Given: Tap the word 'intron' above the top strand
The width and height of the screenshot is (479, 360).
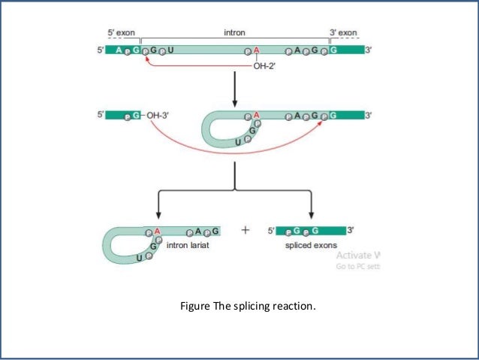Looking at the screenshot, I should tap(234, 33).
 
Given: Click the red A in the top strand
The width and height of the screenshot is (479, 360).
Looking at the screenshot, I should tap(256, 50).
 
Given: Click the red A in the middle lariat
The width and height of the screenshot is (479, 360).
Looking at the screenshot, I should tap(256, 115).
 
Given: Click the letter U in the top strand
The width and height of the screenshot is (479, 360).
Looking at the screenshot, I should tap(170, 50).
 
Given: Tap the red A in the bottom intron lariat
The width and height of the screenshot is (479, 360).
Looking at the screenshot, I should tap(158, 231).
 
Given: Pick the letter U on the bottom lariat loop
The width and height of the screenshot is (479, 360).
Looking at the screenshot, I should tap(140, 258).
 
